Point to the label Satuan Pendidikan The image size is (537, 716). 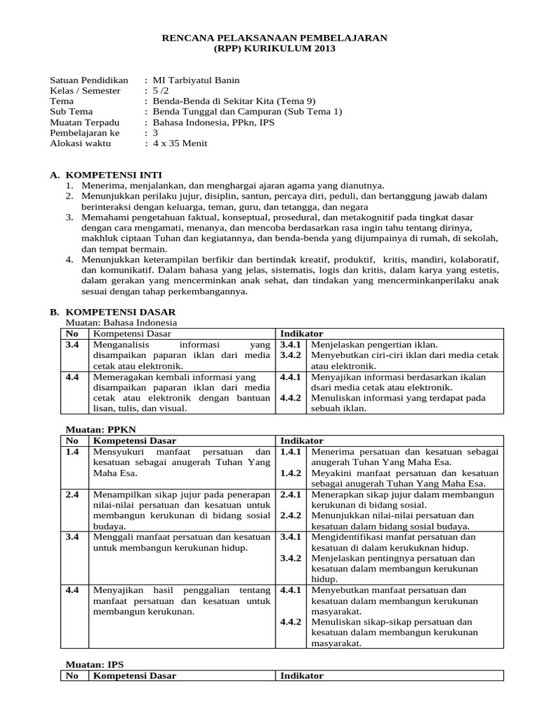pos(89,80)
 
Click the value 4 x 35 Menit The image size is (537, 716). pos(180,143)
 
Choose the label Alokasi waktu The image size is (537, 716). pos(80,143)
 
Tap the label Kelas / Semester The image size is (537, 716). pos(85,91)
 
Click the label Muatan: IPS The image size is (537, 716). pos(87,665)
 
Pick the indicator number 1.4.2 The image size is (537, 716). pos(290,473)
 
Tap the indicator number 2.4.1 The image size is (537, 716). pos(290,494)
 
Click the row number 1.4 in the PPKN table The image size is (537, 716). pos(72,452)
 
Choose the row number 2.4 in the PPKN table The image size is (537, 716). pos(72,494)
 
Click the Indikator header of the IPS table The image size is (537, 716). pos(301,676)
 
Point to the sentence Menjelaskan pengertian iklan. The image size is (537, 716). pos(374,345)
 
